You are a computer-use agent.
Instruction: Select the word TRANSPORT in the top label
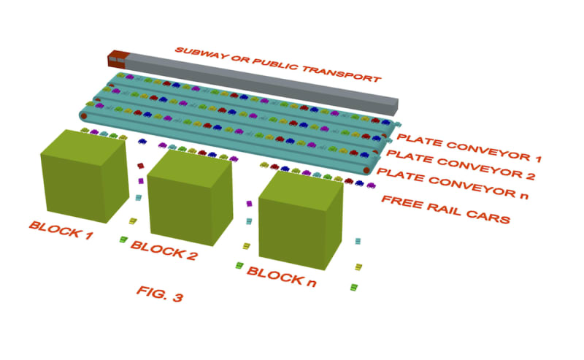[x=341, y=73]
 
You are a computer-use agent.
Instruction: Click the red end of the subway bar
[x=118, y=57]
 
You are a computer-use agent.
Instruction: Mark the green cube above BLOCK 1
[x=82, y=177]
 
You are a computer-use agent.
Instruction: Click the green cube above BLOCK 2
[x=190, y=199]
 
